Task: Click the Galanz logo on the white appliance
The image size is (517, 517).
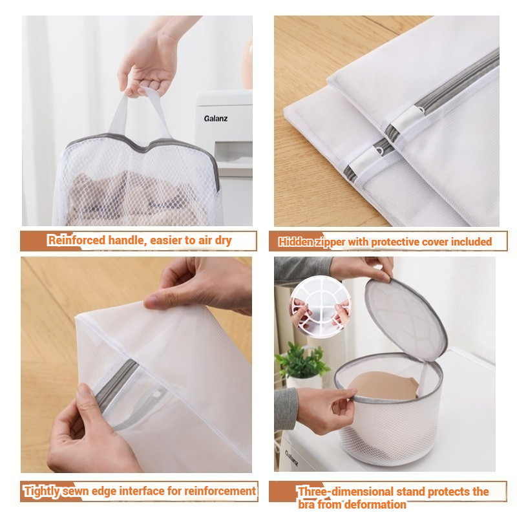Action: point(216,118)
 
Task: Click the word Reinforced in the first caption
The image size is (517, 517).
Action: point(76,240)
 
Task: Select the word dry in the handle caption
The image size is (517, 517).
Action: point(223,240)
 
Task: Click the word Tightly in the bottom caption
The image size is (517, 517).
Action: point(42,491)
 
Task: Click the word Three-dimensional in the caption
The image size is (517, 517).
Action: point(345,492)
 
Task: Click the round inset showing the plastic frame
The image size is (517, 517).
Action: point(321,306)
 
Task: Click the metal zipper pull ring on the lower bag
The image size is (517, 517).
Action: point(380,151)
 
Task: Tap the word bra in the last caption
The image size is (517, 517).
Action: point(306,504)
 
